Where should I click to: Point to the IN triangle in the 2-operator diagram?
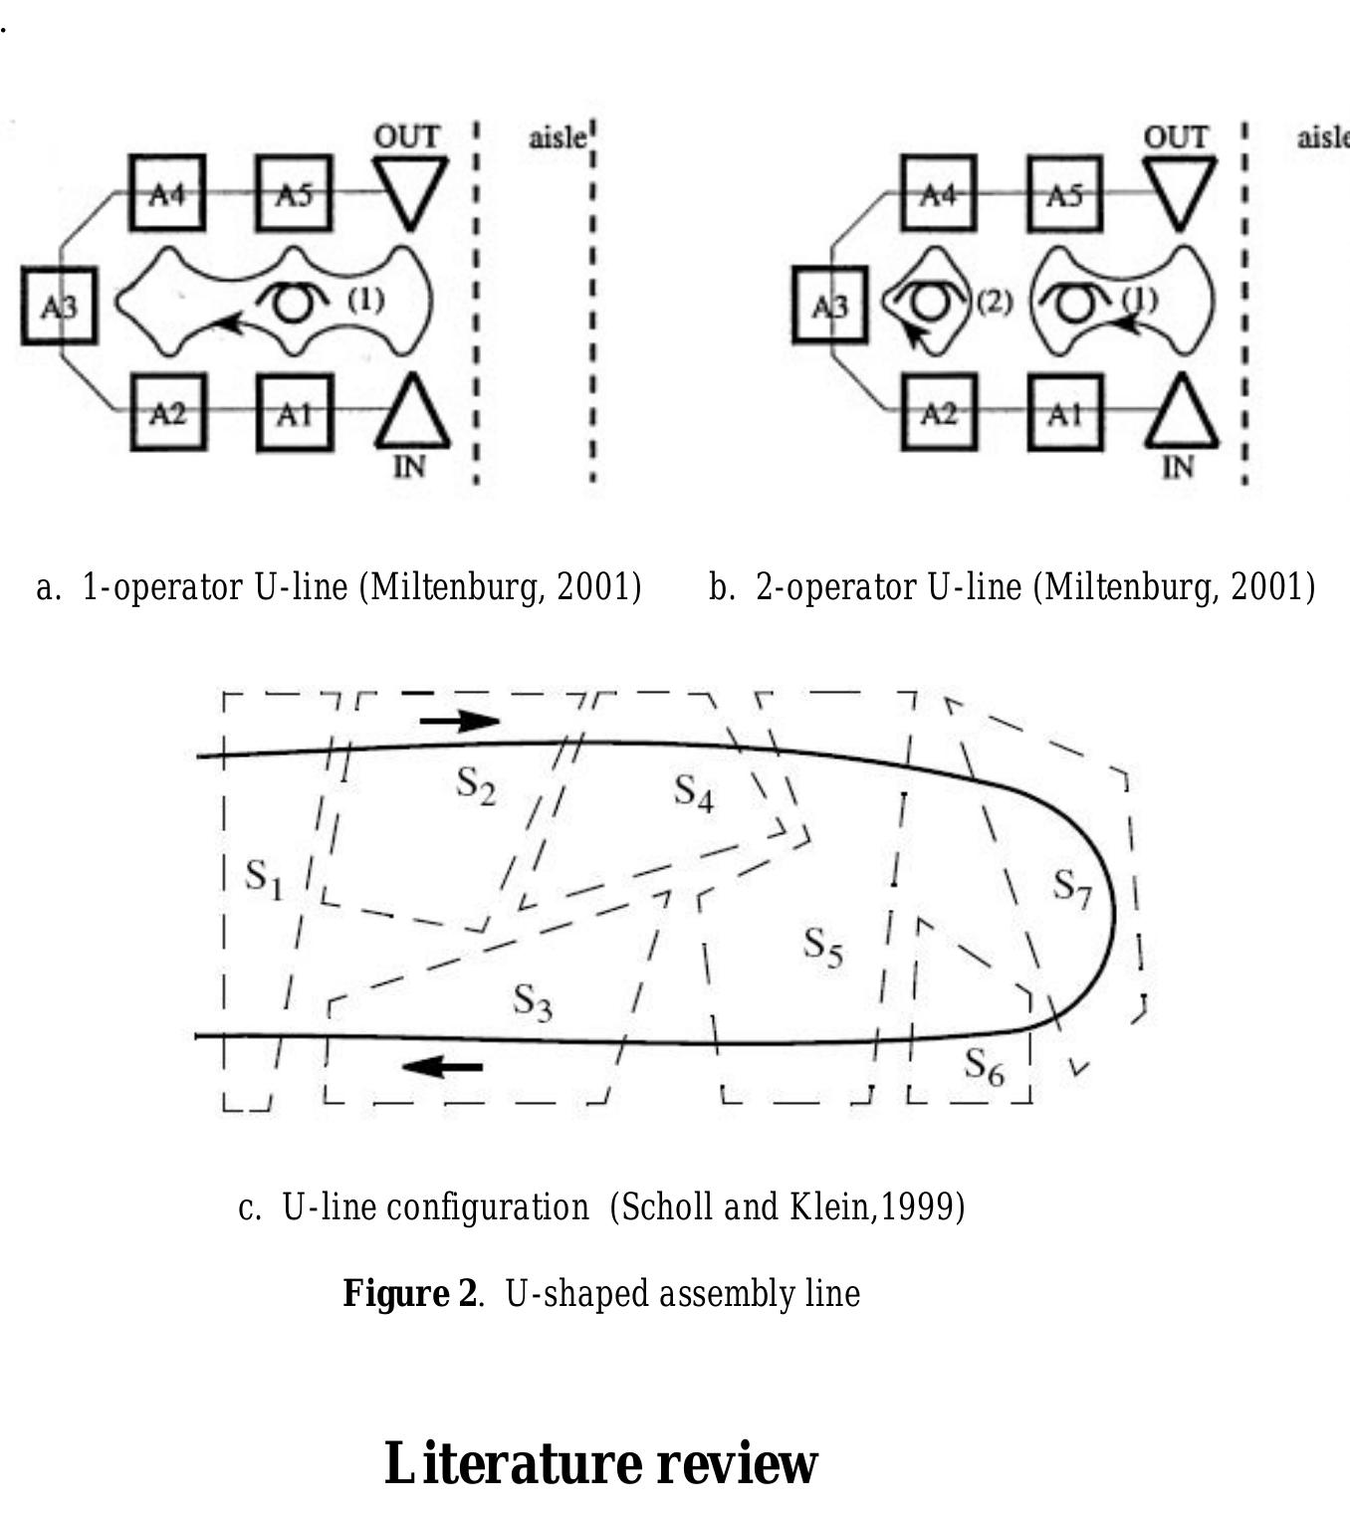point(1182,414)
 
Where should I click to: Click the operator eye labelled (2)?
point(929,300)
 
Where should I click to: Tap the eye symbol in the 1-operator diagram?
point(293,300)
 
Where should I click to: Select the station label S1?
point(264,879)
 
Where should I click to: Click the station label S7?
point(1072,888)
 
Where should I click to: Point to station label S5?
point(823,947)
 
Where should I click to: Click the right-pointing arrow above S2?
point(460,721)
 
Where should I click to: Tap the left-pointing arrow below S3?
point(442,1066)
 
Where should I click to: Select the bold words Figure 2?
point(410,1292)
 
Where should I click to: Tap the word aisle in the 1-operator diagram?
point(558,137)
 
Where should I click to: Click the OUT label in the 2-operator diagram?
point(1176,137)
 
